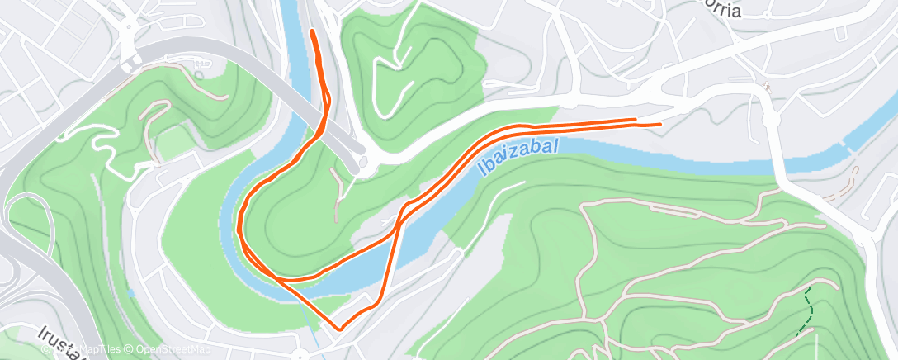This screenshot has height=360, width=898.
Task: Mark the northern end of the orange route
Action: click(x=313, y=31)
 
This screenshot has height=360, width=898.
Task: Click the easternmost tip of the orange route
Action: click(x=660, y=124)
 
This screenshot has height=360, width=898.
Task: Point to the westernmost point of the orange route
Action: click(x=239, y=225)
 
